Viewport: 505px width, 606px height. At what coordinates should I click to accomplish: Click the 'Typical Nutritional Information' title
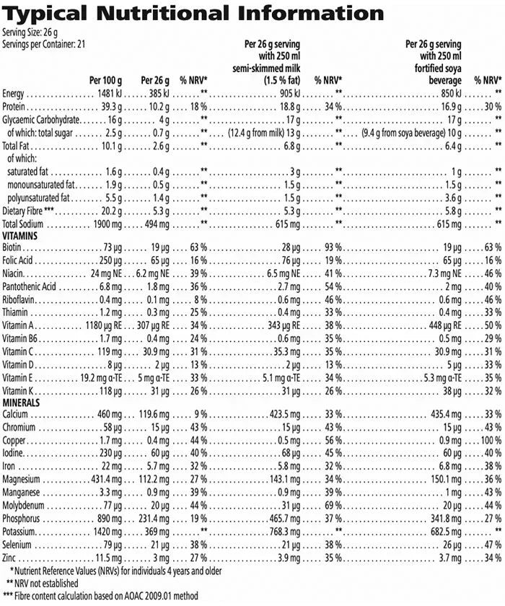tap(193, 14)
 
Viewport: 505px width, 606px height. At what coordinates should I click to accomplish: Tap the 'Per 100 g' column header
tap(105, 81)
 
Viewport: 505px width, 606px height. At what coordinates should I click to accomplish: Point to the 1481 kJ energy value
tap(112, 95)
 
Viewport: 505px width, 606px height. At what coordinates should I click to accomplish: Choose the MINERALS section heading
tap(21, 402)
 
